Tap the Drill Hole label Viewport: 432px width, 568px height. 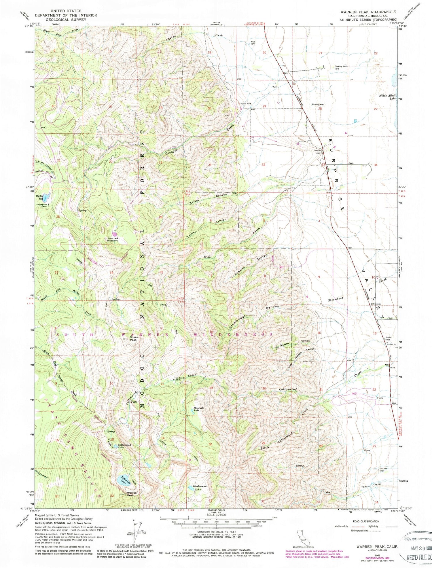tap(247, 104)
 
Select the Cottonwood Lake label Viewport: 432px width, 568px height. tap(124, 446)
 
